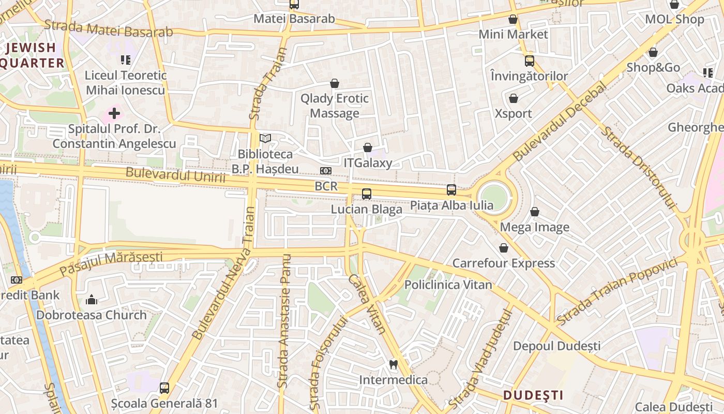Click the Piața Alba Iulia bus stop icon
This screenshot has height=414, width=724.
tap(451, 190)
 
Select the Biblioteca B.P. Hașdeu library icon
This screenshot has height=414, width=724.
tap(265, 138)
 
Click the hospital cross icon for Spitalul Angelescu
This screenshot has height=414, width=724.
tap(114, 113)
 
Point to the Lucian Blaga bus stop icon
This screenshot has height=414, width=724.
tap(367, 194)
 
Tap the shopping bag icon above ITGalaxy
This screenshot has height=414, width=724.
tap(368, 147)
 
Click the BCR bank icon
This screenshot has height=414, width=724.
tap(325, 171)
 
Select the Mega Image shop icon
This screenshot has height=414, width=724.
tap(535, 212)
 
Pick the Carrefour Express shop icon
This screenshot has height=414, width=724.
tap(504, 248)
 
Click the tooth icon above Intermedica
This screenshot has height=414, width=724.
tap(393, 364)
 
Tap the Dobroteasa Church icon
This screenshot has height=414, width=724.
tap(92, 300)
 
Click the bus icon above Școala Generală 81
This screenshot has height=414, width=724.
tap(164, 388)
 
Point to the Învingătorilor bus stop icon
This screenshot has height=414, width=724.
tap(529, 61)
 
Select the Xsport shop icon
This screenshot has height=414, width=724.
tap(514, 98)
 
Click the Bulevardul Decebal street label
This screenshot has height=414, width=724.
tap(560, 122)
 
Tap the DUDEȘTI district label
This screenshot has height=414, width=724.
tap(533, 395)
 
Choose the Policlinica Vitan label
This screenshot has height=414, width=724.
tap(448, 285)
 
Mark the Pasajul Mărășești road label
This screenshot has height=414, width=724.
tap(111, 263)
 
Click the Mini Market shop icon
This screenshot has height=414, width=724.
tap(513, 19)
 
